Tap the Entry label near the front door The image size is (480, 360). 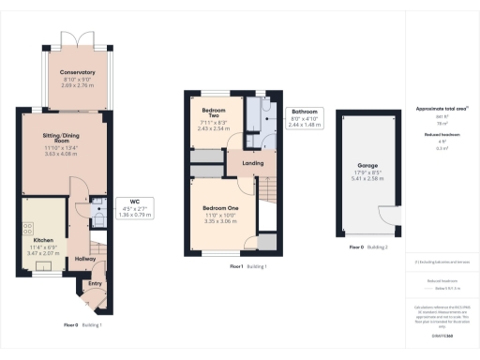95,283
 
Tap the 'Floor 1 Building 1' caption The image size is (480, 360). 248,267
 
